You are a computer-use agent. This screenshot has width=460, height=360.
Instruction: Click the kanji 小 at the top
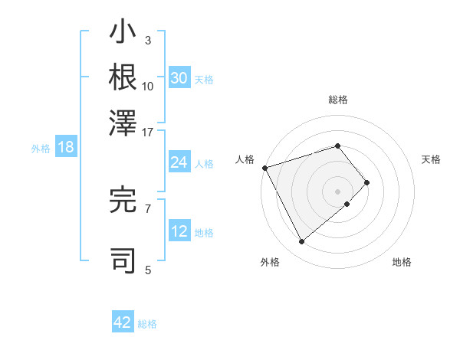[123, 34]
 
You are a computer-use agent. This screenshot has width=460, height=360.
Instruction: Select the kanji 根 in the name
[123, 77]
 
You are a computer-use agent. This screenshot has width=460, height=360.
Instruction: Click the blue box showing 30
[179, 78]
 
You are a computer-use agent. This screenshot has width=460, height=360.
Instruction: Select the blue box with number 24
[179, 162]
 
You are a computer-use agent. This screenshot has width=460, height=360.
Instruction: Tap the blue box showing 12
[179, 231]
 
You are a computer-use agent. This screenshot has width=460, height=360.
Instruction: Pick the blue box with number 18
[65, 148]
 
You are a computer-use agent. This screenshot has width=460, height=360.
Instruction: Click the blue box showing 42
[123, 322]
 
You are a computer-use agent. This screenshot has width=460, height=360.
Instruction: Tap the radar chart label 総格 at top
[337, 100]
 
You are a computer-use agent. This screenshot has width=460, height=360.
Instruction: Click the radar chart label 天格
[431, 159]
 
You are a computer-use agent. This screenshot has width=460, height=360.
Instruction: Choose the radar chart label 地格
[402, 262]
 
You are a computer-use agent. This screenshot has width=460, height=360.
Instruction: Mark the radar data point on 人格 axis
[264, 167]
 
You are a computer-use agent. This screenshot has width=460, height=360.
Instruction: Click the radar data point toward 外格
[301, 242]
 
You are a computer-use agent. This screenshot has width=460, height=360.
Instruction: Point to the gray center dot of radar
[337, 191]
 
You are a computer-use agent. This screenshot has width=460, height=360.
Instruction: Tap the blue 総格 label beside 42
[147, 324]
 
